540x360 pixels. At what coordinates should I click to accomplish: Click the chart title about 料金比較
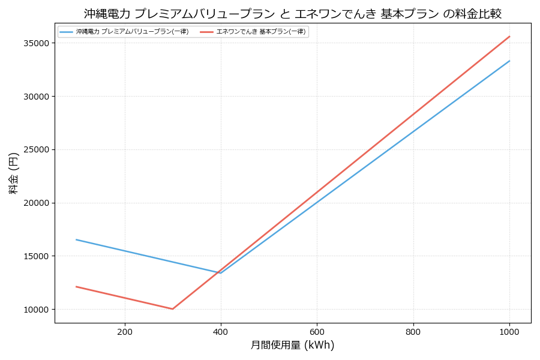coord(293,14)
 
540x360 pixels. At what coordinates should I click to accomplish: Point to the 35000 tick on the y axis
coord(36,43)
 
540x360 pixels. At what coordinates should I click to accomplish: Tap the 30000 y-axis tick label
coord(36,97)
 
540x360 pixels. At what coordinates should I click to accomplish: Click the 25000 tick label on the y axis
coord(36,150)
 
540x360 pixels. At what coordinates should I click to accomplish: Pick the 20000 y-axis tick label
coord(36,203)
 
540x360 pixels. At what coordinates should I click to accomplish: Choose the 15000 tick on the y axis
coord(36,256)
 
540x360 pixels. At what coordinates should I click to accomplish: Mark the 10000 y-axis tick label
coord(36,310)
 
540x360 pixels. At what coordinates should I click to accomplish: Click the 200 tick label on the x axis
coord(125,332)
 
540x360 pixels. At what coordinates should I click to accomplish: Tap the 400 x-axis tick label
coord(221,332)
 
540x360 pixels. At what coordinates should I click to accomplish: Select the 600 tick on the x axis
coord(317,332)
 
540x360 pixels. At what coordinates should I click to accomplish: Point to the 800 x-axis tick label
coord(413,332)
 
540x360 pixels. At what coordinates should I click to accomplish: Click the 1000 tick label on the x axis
coord(509,332)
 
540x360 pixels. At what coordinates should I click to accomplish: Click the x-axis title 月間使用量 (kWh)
coord(293,346)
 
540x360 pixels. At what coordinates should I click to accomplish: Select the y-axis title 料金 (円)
coord(14,173)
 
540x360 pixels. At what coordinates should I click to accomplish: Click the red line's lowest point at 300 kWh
coord(173,309)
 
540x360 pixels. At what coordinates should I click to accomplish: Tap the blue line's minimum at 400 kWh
coord(221,273)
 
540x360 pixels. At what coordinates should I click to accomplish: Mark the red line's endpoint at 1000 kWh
coord(509,37)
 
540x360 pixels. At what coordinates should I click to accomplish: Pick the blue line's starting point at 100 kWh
coord(76,239)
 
